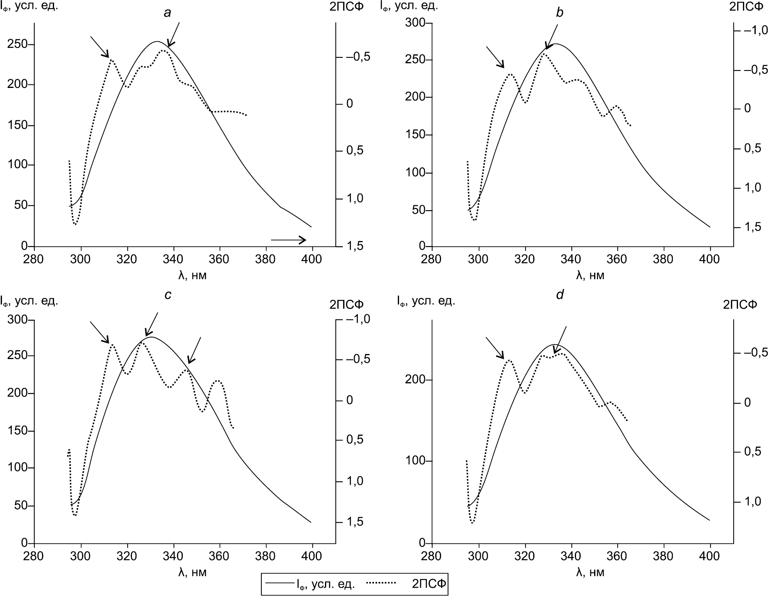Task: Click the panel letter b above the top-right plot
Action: pos(559,13)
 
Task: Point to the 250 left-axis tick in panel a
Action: pos(17,44)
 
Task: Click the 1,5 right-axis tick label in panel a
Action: pos(355,246)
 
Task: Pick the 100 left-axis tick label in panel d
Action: pos(415,461)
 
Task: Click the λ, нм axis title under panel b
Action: pos(590,275)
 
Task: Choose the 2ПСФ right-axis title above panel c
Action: pos(346,305)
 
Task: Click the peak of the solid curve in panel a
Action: pos(157,41)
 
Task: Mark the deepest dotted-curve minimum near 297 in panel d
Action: pos(472,523)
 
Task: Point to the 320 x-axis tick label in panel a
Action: pos(127,259)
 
